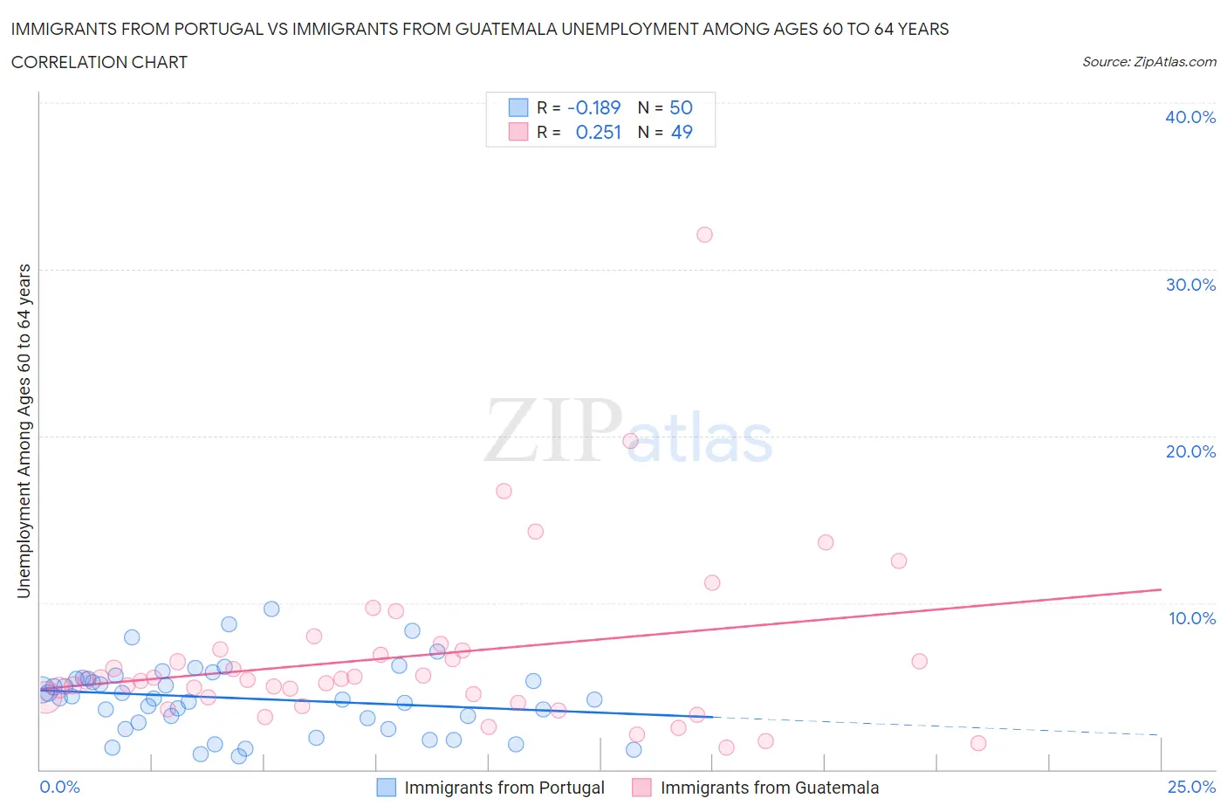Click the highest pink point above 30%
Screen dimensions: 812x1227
tap(704, 234)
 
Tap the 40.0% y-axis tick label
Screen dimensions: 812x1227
tap(1189, 117)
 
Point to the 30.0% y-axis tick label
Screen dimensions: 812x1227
tap(1189, 285)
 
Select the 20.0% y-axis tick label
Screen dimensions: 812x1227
tap(1189, 451)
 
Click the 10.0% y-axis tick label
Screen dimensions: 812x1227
tap(1191, 618)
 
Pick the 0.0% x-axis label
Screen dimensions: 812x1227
tap(59, 787)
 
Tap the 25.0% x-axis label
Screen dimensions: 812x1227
tap(1190, 787)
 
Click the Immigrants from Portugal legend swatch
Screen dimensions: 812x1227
tap(386, 788)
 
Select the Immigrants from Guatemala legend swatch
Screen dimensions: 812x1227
tap(641, 788)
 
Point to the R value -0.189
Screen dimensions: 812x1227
tap(593, 107)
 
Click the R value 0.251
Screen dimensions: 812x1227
tap(598, 132)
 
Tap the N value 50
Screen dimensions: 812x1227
tap(681, 107)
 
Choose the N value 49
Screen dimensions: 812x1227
tap(681, 132)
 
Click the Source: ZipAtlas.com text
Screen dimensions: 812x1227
tap(1148, 62)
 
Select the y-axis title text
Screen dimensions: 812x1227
tap(24, 430)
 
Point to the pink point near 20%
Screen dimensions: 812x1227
tap(630, 441)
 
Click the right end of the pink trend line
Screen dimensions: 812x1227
tap(1161, 589)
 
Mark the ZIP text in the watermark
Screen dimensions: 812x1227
tap(553, 430)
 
